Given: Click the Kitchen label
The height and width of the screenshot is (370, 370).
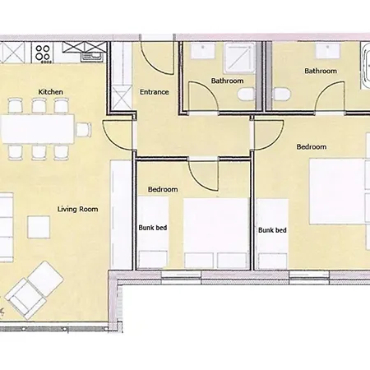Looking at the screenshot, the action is coord(50,92).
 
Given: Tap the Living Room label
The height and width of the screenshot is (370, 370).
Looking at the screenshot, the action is coord(78,209).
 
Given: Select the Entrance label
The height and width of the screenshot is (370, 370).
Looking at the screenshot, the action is coord(155,92).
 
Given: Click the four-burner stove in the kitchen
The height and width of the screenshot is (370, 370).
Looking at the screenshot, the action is coord(43,53).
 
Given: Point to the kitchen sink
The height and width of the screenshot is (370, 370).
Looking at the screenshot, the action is coord(92,56).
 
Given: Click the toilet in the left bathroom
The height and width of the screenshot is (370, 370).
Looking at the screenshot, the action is coord(247,95).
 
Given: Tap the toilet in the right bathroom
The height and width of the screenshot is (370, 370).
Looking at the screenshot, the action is coord(282,95).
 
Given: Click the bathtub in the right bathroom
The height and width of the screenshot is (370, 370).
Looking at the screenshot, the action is coord(366,65).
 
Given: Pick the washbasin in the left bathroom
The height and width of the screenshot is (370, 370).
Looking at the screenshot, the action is coord(203,50).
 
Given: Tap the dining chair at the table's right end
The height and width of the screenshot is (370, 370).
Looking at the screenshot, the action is coord(84,130).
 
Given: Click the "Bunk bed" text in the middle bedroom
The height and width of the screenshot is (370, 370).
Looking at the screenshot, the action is coord(153,228).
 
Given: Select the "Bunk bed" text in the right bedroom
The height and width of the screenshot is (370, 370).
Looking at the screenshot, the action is coord(272,230).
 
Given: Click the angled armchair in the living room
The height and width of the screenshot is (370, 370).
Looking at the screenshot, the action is coord(35,290).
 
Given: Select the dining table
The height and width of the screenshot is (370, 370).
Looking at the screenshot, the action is coord(38,129).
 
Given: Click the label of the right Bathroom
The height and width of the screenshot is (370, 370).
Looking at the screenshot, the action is coord(321,71).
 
